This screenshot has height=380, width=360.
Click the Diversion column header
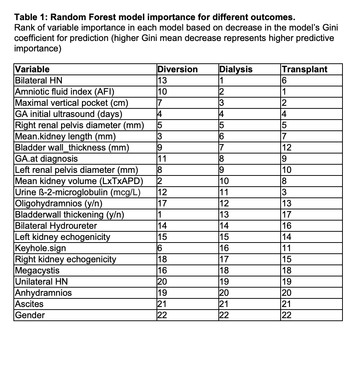coord(177,69)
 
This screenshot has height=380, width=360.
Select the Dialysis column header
coord(236,69)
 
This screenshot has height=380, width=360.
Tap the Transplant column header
coord(304,69)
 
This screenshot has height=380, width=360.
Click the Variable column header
coord(32,69)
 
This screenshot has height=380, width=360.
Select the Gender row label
coord(30,315)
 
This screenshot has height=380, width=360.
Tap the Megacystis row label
coord(37,270)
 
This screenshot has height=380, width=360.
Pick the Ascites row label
coord(29,304)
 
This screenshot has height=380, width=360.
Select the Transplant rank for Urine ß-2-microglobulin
coord(284,192)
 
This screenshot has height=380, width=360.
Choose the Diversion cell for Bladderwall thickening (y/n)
coord(160,215)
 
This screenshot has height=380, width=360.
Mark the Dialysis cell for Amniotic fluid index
coord(222,92)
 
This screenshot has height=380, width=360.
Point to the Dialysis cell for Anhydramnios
coord(224,293)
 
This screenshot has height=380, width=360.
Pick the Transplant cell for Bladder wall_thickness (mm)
coord(286,148)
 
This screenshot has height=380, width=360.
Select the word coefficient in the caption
coord(35,38)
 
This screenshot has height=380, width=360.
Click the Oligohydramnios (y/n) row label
coord(58,203)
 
